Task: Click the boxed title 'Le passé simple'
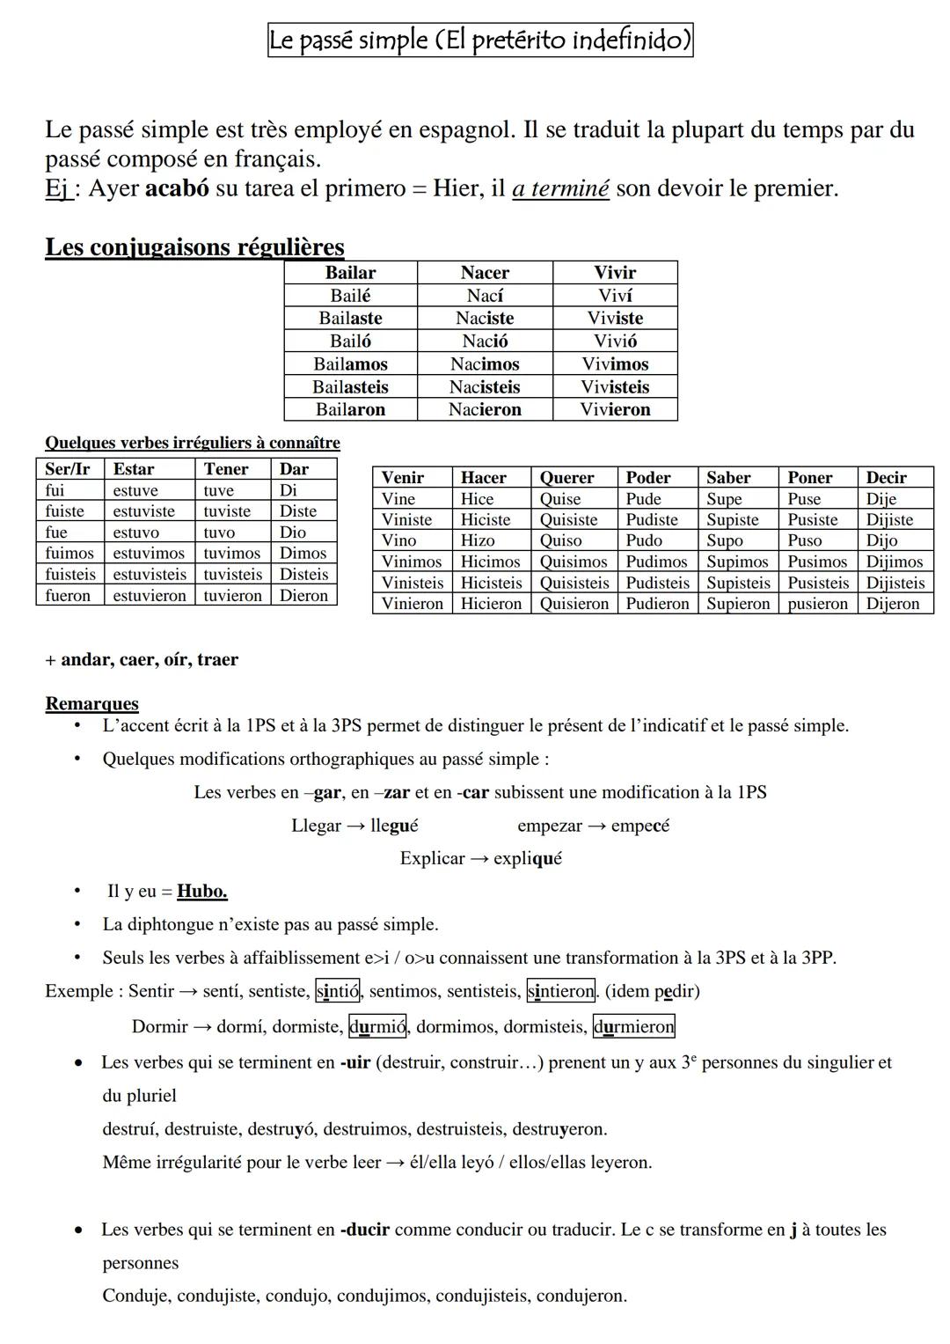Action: (x=480, y=40)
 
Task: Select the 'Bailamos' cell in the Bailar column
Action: (x=350, y=364)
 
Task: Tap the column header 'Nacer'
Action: (x=485, y=273)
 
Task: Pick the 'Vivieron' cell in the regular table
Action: (x=615, y=409)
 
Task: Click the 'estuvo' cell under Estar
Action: (x=136, y=532)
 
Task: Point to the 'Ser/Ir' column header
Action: (x=68, y=469)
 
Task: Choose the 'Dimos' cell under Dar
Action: (x=303, y=554)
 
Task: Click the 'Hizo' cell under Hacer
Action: (x=478, y=540)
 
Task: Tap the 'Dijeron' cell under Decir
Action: (x=892, y=604)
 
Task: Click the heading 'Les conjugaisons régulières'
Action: (x=194, y=247)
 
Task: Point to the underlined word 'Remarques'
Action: (x=91, y=704)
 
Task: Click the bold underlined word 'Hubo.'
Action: (x=202, y=892)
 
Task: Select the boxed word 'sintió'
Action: (x=338, y=992)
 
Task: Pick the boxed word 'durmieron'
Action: (x=634, y=1027)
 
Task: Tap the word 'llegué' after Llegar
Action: (x=394, y=826)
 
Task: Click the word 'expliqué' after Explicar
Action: (x=528, y=858)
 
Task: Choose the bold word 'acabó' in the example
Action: (x=177, y=188)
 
